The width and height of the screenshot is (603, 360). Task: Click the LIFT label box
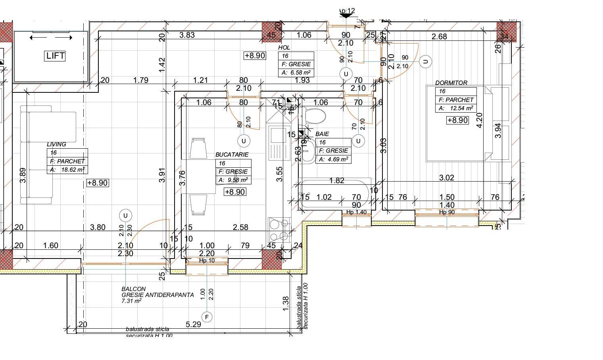coord(55,56)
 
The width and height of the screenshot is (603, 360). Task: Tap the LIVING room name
coord(56,144)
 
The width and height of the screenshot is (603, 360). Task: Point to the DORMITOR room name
coord(451,83)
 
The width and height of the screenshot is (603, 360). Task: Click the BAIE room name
coord(322,134)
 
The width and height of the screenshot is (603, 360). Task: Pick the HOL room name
coord(284,48)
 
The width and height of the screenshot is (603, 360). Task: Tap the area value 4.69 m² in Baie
coord(337,159)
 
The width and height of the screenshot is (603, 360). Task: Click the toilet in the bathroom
coord(313,116)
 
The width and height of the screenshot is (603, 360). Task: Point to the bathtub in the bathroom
coord(335,194)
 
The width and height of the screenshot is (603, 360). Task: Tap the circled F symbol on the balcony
coord(207,317)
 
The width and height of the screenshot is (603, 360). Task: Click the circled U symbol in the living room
coord(125,216)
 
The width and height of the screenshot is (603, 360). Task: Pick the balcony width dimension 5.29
coord(193,325)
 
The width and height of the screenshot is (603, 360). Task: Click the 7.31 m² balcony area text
coord(132,301)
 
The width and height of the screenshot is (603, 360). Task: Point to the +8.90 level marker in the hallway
coord(255,56)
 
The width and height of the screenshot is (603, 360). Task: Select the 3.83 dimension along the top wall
coord(187,35)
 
